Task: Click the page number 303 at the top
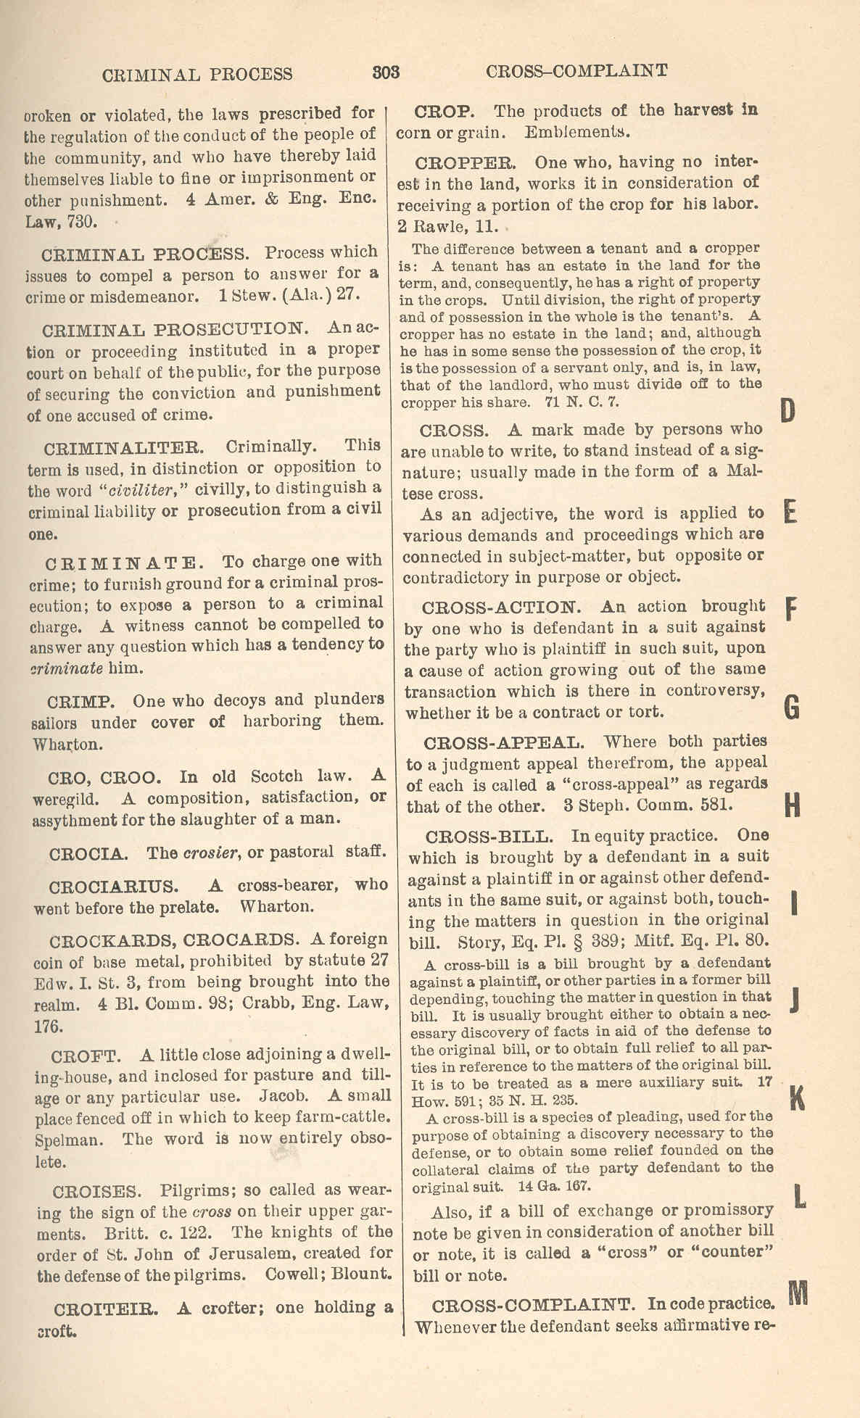pyautogui.click(x=386, y=72)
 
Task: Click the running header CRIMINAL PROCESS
pyautogui.click(x=197, y=74)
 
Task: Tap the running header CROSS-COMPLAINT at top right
pyautogui.click(x=576, y=70)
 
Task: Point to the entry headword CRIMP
pyautogui.click(x=78, y=702)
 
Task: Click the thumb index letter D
pyautogui.click(x=789, y=411)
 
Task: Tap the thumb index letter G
pyautogui.click(x=793, y=707)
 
